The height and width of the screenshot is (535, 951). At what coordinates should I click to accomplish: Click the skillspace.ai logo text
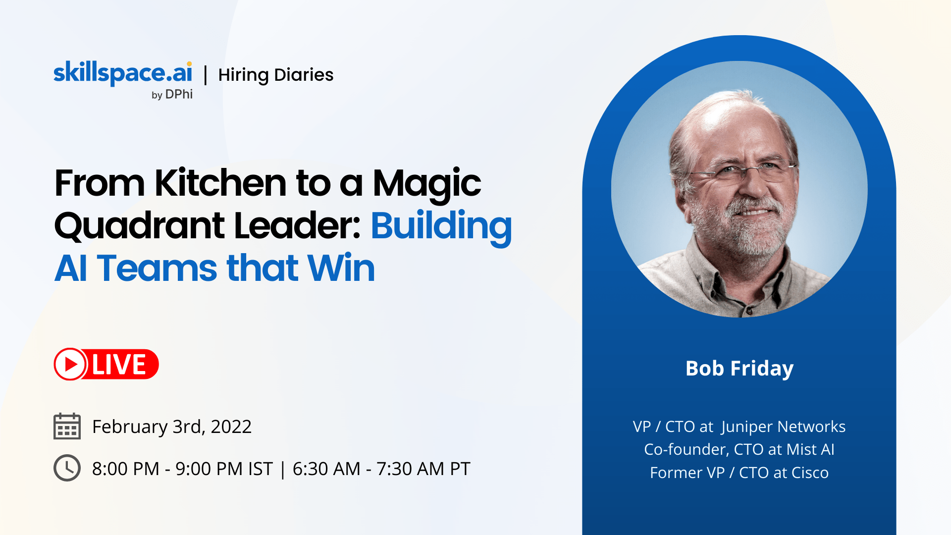[123, 73]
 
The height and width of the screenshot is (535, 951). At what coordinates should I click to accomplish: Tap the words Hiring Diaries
[276, 75]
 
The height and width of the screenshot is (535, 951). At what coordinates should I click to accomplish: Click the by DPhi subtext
[172, 94]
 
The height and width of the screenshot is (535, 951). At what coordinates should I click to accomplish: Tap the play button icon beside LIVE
[70, 364]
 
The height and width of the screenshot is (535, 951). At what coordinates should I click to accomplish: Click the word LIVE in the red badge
[119, 365]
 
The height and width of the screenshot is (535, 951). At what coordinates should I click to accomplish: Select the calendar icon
[67, 426]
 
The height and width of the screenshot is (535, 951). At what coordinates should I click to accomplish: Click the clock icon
[67, 468]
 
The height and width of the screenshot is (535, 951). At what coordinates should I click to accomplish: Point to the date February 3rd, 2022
[172, 427]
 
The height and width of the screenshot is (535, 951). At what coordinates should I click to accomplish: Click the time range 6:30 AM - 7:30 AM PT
[381, 469]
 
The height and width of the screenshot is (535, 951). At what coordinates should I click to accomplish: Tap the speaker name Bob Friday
[740, 369]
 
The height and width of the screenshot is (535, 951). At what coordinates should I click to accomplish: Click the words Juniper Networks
[784, 427]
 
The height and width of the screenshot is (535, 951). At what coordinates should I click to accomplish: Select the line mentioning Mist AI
[740, 449]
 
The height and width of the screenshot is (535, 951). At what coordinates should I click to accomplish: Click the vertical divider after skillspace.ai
[206, 75]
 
